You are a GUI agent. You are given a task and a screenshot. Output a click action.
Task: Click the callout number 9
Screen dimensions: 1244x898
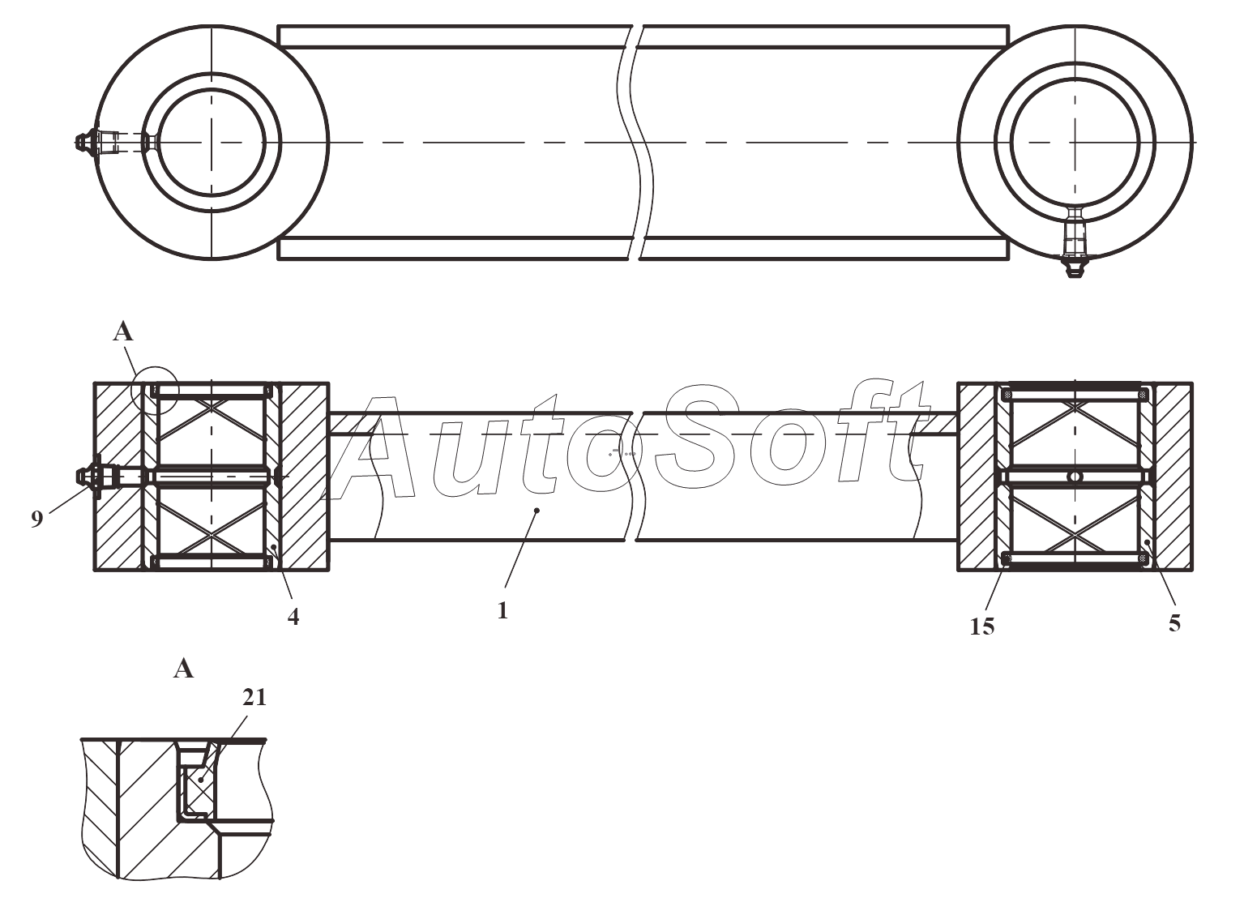[36, 520]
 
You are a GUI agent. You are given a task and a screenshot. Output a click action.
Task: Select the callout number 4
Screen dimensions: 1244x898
[293, 617]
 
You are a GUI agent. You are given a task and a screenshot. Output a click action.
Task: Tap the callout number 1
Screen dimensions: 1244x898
[502, 610]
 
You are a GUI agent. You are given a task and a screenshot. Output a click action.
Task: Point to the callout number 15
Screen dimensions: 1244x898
[982, 626]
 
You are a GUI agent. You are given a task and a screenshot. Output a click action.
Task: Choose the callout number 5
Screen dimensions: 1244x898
[1174, 623]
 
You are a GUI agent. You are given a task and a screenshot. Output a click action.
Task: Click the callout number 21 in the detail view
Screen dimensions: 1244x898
[254, 698]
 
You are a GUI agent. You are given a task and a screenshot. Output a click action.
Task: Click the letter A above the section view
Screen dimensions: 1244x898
[122, 332]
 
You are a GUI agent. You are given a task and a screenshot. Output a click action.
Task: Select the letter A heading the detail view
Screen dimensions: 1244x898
[184, 669]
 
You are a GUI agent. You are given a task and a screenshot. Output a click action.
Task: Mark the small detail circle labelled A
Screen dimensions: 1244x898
[155, 391]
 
